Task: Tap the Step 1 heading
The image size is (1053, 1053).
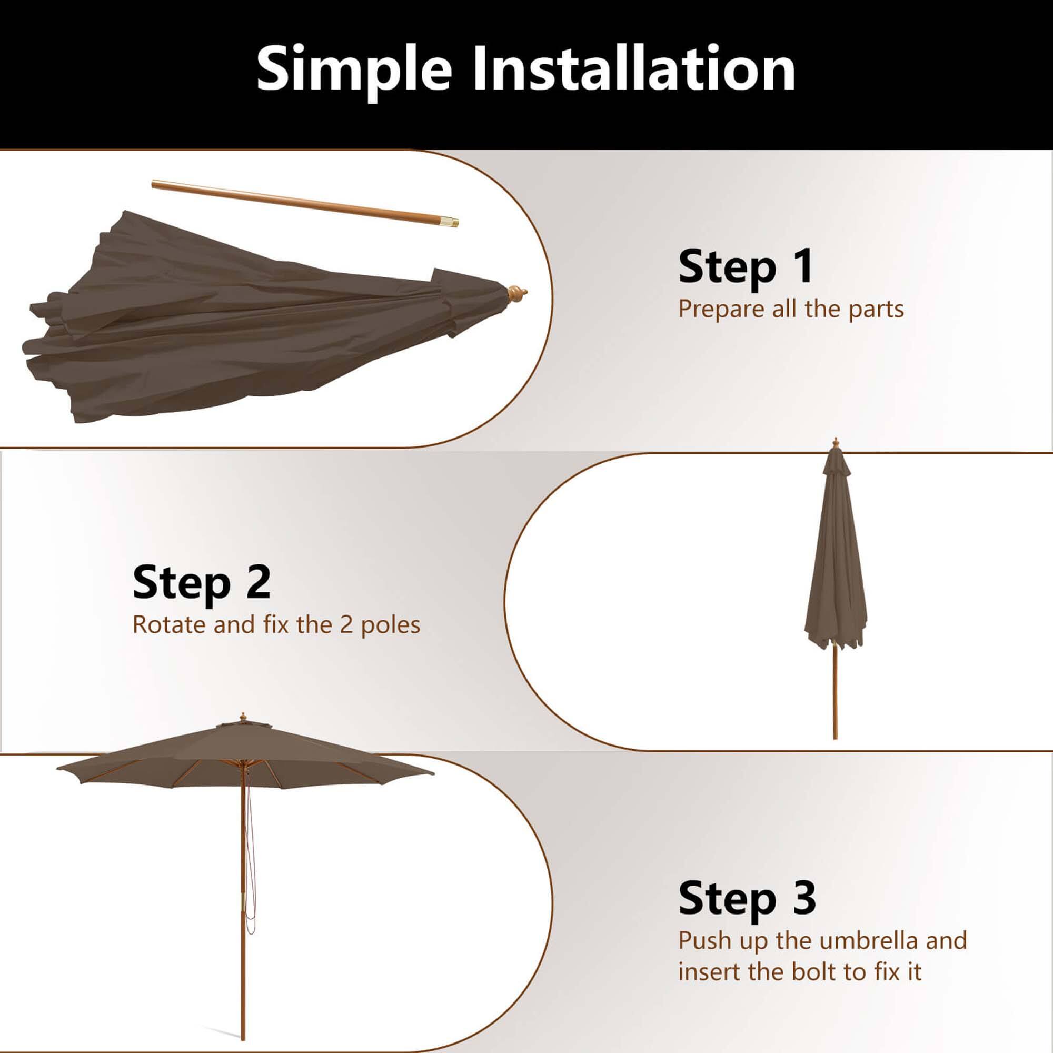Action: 745,266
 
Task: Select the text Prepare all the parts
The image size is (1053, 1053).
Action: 791,309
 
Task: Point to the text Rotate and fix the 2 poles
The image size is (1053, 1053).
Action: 276,624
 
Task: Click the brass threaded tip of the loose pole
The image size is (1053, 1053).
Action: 452,221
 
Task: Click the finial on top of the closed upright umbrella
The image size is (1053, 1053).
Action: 835,443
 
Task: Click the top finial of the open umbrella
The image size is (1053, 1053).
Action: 243,716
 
